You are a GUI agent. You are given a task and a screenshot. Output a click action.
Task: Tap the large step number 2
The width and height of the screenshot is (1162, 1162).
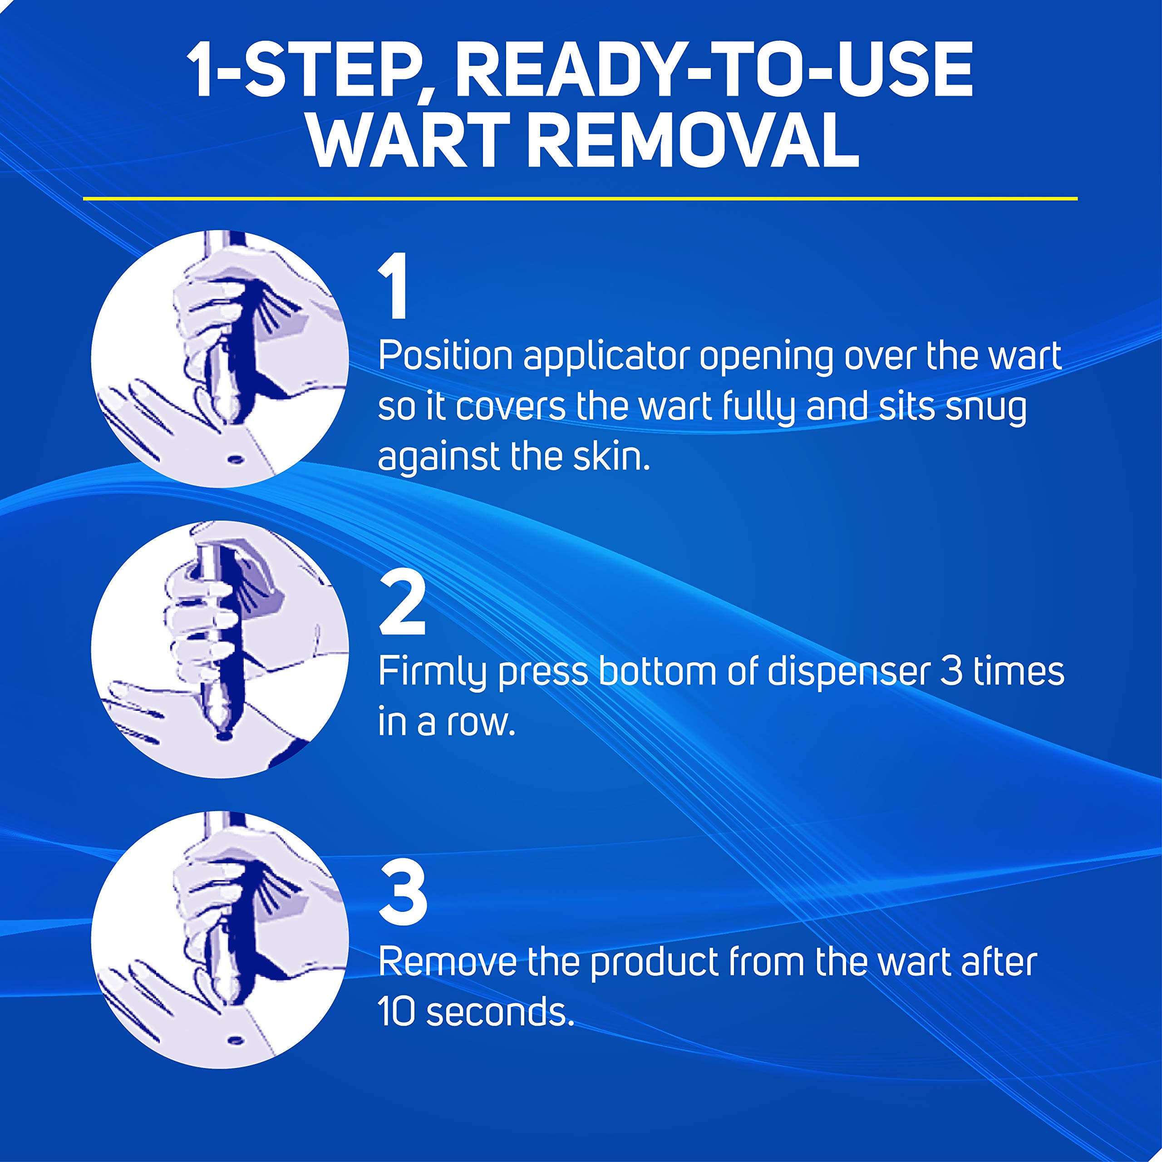point(402,604)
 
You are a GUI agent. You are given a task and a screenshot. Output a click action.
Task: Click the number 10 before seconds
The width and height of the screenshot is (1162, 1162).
point(396,1012)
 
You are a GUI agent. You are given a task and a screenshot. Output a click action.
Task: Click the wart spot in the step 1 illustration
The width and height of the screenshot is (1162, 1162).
point(235,460)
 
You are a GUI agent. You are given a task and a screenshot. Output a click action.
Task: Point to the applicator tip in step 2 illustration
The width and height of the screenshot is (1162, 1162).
point(224,734)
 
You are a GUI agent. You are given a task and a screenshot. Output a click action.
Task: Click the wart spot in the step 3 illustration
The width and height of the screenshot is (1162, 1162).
point(235,1040)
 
